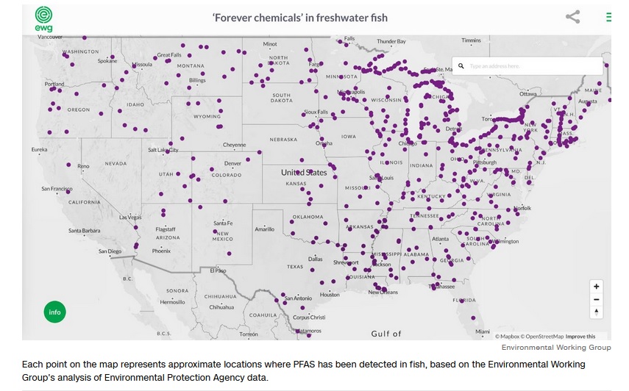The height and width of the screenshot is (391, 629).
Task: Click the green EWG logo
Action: tap(43, 18)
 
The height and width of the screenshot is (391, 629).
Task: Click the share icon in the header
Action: tap(572, 17)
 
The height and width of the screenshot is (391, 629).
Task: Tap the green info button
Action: tap(54, 312)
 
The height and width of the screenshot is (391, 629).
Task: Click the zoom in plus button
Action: tap(596, 287)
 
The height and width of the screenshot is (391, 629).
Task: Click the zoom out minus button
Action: tap(596, 299)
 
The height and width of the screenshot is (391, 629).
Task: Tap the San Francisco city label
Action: tap(57, 189)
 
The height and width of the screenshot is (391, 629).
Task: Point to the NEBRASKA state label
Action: tap(282, 139)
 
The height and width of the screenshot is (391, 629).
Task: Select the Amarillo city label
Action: tap(264, 229)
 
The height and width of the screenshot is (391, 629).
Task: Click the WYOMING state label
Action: tap(207, 116)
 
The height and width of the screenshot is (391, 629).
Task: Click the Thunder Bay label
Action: tap(391, 41)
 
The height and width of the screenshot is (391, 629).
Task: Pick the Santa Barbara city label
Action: tap(84, 231)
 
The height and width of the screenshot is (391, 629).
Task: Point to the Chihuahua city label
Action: tap(221, 307)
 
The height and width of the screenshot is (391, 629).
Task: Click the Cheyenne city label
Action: tap(234, 145)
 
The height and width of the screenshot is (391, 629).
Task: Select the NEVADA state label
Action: tap(116, 163)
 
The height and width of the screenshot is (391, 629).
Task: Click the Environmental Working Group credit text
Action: tap(556, 347)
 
